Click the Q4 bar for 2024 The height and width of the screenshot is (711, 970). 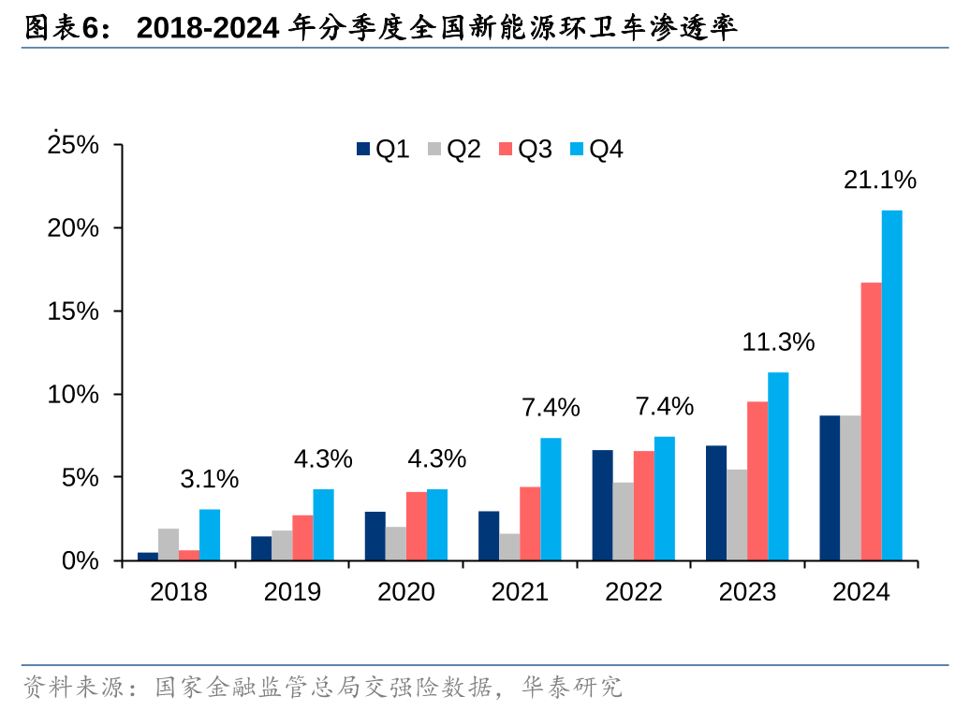point(892,385)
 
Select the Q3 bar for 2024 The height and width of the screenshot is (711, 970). point(871,421)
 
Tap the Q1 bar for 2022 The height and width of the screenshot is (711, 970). point(602,505)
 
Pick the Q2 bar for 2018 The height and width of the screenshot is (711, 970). point(169,544)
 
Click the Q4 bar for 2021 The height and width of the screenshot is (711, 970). point(551,499)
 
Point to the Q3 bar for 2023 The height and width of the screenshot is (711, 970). point(757,481)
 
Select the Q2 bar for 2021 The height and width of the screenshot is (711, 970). point(509,547)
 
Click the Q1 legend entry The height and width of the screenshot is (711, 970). point(383,149)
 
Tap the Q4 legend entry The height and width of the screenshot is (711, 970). point(596,149)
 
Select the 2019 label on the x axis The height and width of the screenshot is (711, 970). point(292,592)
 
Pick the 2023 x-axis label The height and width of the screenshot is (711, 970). point(747,592)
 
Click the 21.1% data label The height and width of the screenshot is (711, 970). point(879,181)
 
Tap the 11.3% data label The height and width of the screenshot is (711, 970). point(778,342)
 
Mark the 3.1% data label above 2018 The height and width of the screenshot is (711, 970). point(209,479)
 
